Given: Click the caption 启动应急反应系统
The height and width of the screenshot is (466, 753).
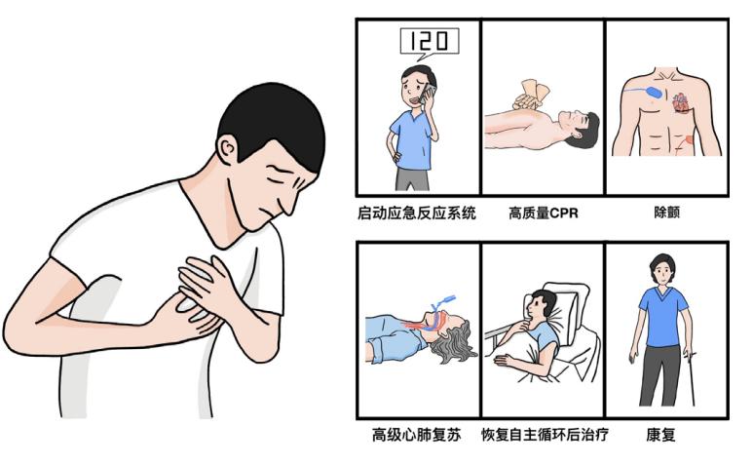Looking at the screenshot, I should click(x=416, y=214).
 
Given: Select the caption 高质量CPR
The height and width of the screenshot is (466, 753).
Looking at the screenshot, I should click(x=543, y=214).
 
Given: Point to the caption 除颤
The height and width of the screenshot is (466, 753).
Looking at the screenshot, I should click(x=666, y=214).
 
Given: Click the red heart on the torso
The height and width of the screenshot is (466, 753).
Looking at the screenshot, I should click(x=680, y=101).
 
